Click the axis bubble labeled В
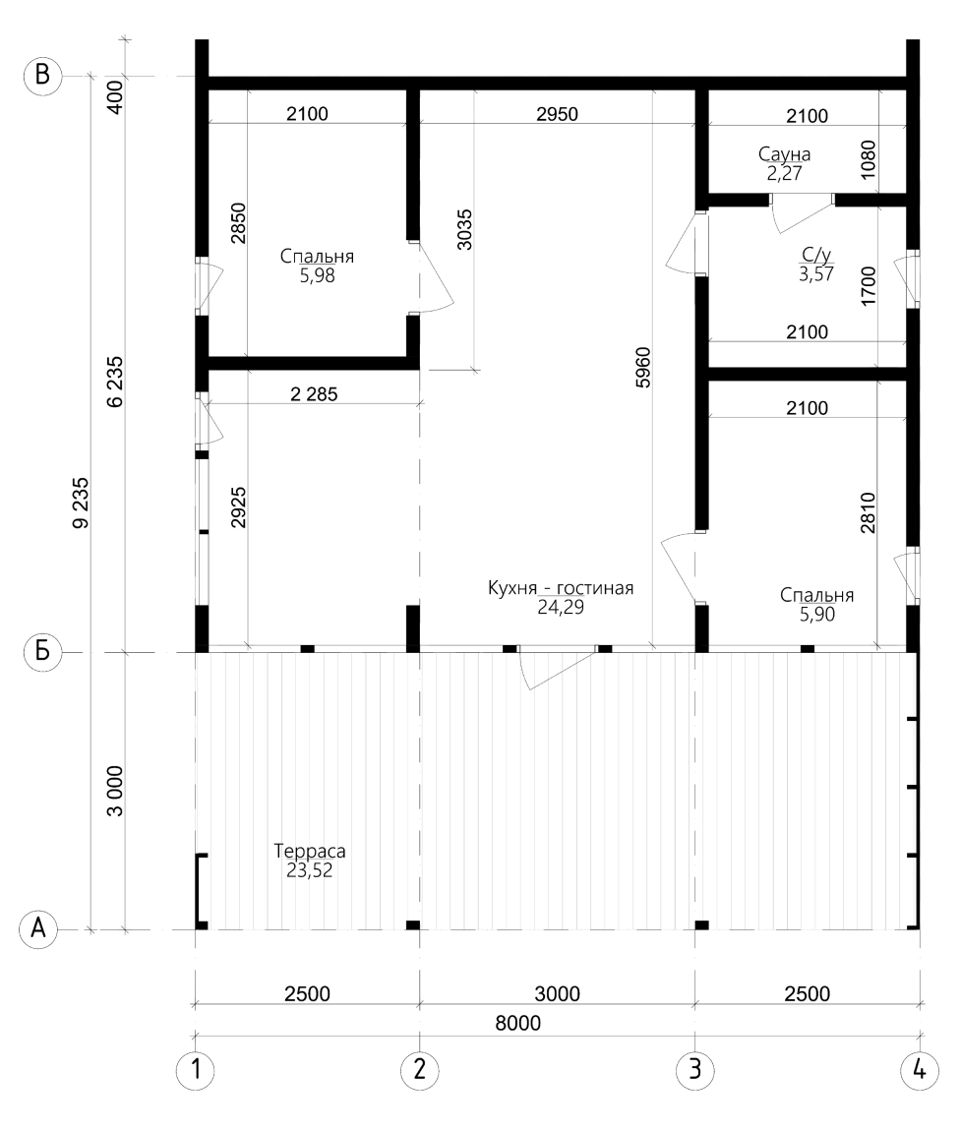(42, 76)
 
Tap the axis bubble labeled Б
(42, 652)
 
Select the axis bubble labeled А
(38, 929)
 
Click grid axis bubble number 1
(195, 1071)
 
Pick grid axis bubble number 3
(695, 1070)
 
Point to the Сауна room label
(784, 154)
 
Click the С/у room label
(816, 254)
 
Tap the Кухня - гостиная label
(561, 588)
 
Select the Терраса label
(310, 851)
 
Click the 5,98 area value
(317, 275)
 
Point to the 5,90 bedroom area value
(816, 615)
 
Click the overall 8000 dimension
(517, 1023)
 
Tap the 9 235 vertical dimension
(81, 503)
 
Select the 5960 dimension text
(643, 367)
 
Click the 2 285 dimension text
(314, 393)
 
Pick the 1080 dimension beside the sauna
(869, 160)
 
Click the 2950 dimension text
(558, 114)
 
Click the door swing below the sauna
(801, 213)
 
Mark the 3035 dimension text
(465, 230)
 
